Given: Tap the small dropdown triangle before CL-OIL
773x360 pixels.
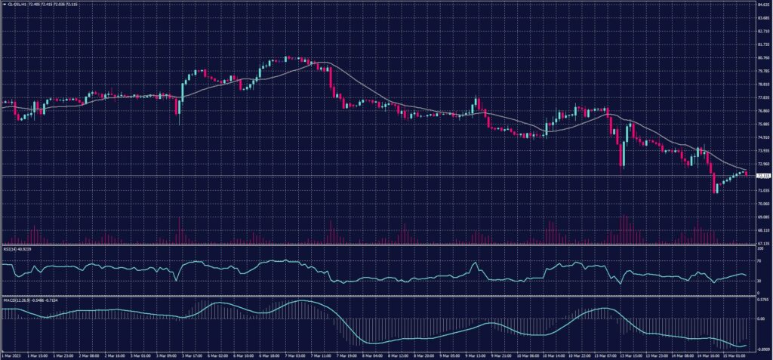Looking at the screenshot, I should (3, 4).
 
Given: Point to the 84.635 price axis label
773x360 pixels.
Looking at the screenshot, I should (762, 5).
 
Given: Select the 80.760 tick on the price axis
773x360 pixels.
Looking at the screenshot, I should (762, 57).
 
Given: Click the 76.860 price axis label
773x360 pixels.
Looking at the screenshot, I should (762, 111).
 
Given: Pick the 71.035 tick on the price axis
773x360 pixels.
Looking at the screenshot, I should (762, 191).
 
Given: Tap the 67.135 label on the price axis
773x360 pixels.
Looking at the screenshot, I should (762, 244).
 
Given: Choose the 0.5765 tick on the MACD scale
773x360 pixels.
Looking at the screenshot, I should (762, 300).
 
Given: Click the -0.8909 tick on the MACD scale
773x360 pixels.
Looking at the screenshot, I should (762, 349).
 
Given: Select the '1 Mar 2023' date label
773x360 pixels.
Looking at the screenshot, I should (11, 355).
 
